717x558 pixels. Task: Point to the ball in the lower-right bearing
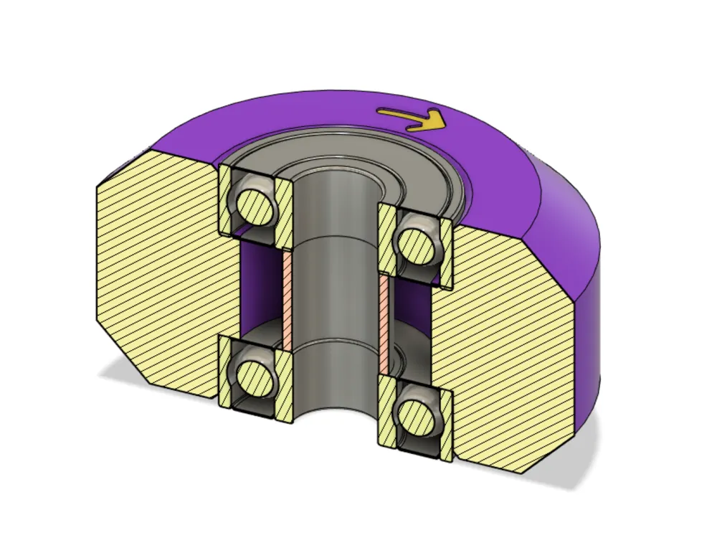pyautogui.click(x=415, y=417)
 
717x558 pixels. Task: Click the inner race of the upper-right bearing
pyautogui.click(x=386, y=240)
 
